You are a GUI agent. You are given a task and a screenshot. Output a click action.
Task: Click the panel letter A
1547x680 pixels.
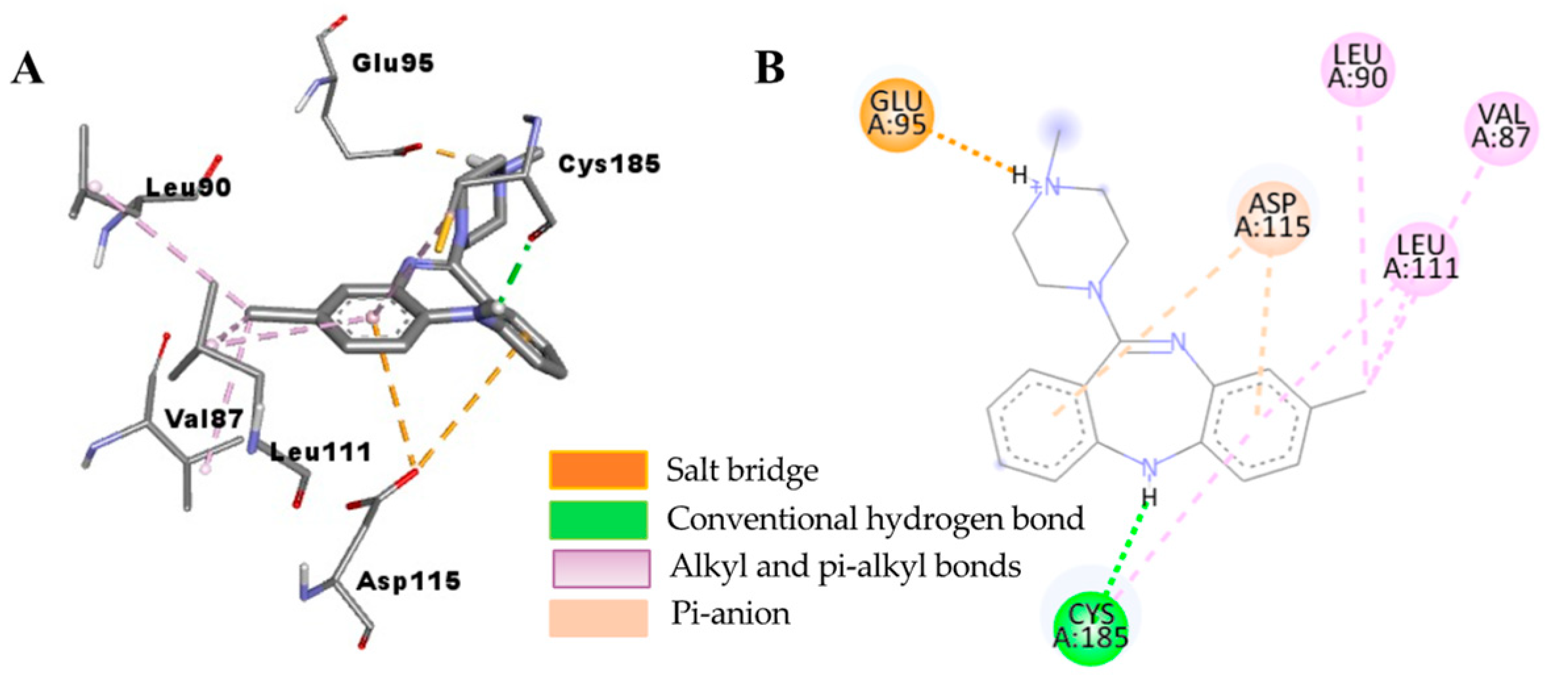[28, 69]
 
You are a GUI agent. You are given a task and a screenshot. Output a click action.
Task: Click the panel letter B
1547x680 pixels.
[769, 68]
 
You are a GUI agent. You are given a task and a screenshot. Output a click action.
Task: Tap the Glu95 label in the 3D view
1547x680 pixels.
[393, 63]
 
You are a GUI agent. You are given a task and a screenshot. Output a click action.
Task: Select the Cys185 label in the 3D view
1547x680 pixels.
[609, 164]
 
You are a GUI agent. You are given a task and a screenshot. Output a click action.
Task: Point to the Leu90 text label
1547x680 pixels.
[188, 188]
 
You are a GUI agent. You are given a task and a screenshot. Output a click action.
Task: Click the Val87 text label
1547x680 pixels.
[204, 419]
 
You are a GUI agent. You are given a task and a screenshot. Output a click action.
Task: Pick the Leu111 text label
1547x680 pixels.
[321, 452]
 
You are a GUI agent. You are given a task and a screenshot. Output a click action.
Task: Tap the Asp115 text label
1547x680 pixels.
[408, 581]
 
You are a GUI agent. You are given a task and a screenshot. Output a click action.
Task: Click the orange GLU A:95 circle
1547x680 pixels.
[897, 114]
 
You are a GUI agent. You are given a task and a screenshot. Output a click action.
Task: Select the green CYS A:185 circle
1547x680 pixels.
[1091, 626]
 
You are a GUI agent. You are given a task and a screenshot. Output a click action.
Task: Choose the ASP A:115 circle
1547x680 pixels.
[1272, 215]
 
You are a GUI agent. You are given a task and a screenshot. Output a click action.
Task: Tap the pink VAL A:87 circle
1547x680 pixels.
[1501, 127]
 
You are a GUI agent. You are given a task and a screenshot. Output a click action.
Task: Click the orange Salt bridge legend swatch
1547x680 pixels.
[598, 470]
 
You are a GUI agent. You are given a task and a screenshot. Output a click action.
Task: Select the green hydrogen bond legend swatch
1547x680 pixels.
[598, 520]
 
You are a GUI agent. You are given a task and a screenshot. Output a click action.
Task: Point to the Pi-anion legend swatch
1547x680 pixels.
[598, 618]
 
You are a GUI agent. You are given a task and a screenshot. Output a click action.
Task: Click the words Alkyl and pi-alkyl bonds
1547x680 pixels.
[845, 567]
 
